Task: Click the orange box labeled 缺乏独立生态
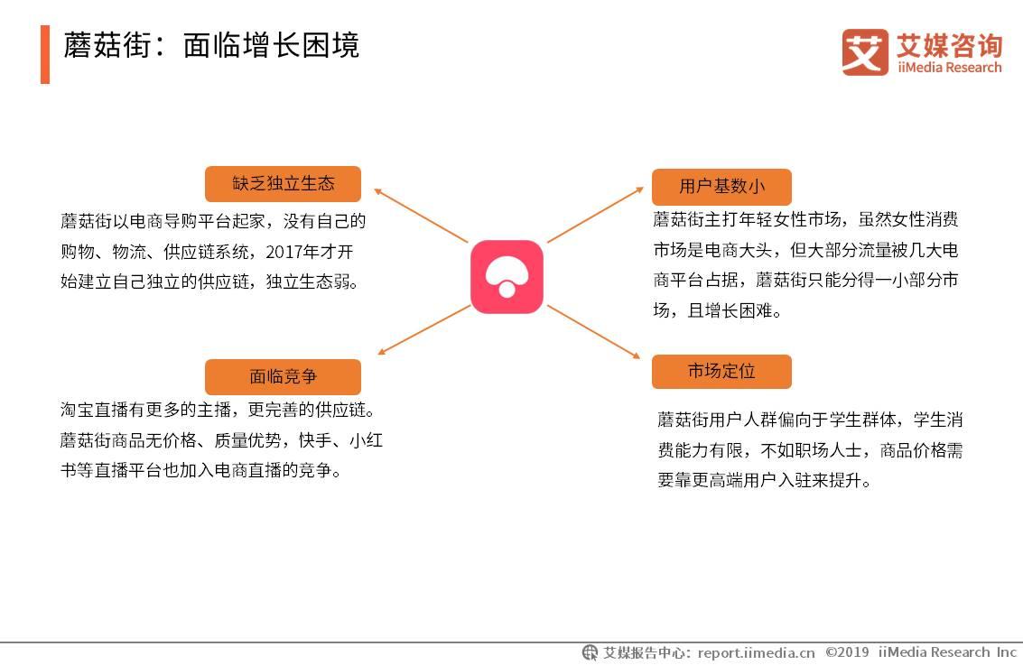point(283,184)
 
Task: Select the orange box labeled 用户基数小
point(721,187)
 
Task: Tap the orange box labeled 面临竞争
point(283,376)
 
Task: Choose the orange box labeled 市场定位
point(721,371)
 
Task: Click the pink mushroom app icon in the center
point(507,276)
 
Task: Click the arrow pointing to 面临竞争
point(423,330)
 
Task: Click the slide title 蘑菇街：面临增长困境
point(211,45)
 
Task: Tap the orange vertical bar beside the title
point(45,54)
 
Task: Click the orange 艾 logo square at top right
point(865,52)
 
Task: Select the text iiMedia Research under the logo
point(949,68)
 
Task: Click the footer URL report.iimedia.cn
point(756,652)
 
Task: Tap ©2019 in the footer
point(847,652)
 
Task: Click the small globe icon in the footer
point(590,652)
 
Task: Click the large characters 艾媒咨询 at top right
point(949,44)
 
